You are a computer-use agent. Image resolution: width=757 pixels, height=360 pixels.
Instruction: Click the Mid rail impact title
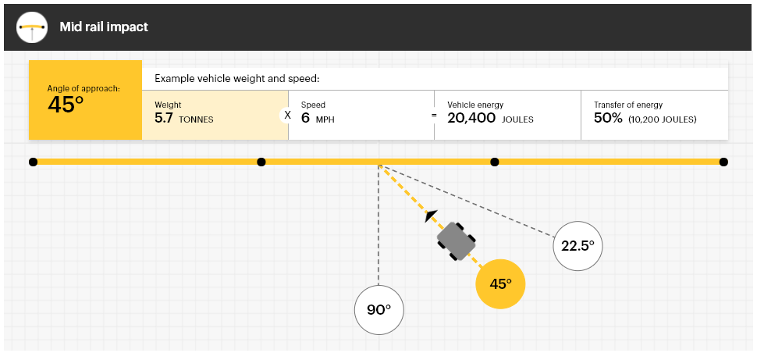click(104, 27)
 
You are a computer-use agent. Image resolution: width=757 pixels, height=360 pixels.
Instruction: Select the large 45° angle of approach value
click(66, 105)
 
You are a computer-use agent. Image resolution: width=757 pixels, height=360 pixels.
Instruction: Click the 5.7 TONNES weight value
click(183, 119)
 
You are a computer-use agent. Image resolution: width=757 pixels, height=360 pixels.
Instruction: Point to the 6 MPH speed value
click(318, 119)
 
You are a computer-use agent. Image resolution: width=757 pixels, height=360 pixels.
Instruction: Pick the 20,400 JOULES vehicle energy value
click(492, 119)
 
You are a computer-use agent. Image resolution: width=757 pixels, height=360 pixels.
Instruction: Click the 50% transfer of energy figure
click(608, 119)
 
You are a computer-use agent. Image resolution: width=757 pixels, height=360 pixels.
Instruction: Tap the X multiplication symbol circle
click(287, 115)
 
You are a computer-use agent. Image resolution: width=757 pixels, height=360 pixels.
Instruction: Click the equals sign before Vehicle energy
click(435, 115)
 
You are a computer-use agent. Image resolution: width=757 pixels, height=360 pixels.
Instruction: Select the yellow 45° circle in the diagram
click(500, 283)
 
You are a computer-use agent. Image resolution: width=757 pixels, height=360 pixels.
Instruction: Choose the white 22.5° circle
click(578, 245)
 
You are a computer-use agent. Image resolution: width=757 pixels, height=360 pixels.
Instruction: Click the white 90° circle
click(378, 309)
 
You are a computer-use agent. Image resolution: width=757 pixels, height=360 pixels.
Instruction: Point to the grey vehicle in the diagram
click(457, 241)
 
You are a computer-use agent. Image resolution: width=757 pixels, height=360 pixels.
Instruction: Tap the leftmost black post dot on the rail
click(33, 162)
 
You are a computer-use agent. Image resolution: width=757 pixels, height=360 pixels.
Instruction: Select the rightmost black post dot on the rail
click(723, 162)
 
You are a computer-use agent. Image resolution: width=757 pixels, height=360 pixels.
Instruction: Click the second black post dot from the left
click(261, 162)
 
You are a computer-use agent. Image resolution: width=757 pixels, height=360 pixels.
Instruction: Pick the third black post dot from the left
click(494, 162)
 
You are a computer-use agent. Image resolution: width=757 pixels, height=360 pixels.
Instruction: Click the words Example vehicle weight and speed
click(237, 79)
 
